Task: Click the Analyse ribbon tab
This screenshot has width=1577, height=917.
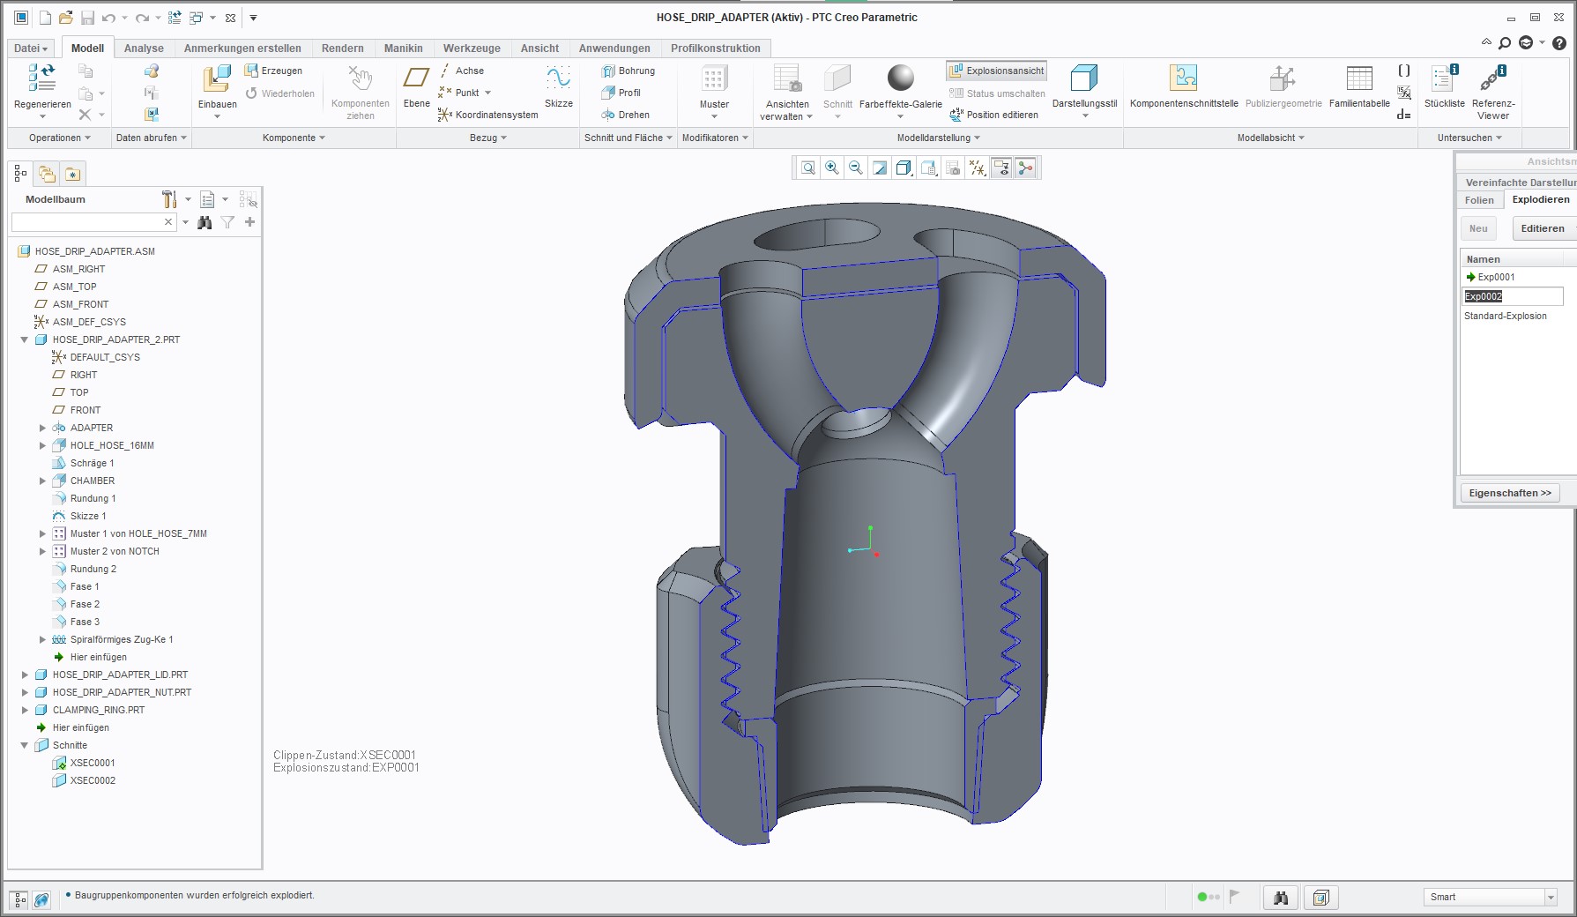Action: point(144,48)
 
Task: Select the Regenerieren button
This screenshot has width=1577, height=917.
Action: point(42,90)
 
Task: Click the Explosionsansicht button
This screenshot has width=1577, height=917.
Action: point(997,71)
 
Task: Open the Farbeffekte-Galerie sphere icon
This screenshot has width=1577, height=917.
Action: point(900,78)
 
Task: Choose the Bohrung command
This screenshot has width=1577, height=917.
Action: point(629,71)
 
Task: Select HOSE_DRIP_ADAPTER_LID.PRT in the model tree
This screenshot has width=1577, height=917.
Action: point(120,675)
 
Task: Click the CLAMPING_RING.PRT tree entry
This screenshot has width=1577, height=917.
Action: point(99,710)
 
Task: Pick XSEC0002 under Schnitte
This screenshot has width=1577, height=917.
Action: point(93,780)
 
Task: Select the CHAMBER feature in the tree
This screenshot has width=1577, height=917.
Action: point(93,481)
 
